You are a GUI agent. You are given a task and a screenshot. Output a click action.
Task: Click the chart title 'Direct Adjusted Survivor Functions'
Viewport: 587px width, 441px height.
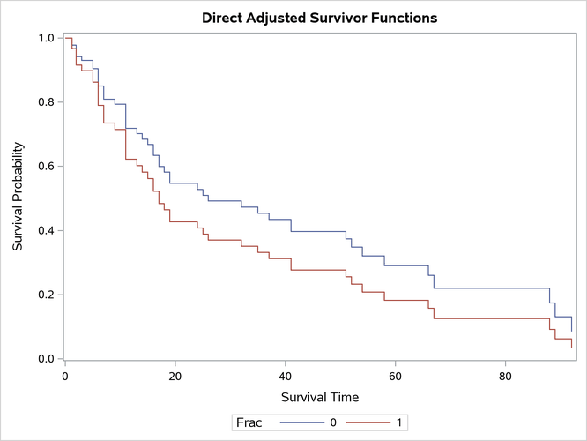320,18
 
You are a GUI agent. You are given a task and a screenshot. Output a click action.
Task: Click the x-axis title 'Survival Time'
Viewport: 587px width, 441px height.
318,398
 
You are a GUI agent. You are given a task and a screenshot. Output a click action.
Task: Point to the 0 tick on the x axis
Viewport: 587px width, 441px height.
65,374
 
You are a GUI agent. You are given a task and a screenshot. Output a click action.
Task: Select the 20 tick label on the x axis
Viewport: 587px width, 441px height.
175,374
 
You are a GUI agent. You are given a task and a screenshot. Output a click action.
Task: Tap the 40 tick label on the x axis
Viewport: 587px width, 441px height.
286,374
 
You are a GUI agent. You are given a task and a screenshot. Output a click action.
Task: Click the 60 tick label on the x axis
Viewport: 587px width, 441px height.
395,374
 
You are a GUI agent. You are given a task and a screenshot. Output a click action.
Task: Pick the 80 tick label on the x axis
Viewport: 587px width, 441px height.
505,374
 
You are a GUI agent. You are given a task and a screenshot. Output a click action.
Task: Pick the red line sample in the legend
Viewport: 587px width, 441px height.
370,422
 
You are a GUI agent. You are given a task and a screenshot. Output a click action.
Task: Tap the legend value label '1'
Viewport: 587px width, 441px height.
400,422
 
